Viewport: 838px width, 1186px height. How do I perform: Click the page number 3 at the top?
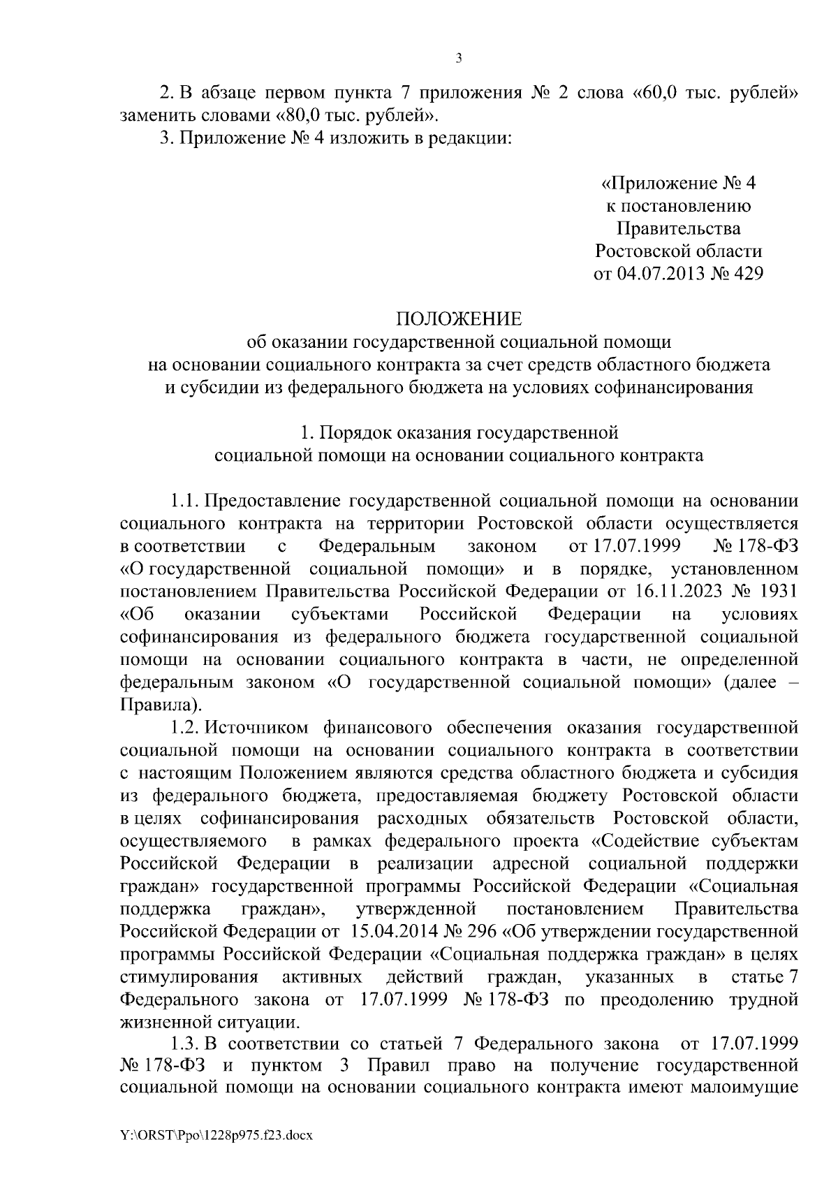(x=459, y=59)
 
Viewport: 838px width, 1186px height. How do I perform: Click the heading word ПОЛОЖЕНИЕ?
(x=459, y=319)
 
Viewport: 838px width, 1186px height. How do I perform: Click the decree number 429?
(x=745, y=274)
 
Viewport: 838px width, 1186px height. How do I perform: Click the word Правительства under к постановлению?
(x=678, y=228)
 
